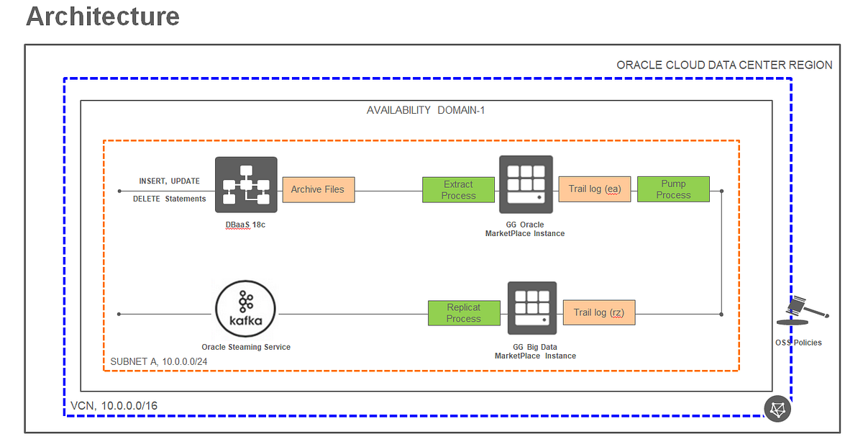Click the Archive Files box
point(318,190)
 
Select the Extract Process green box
point(458,190)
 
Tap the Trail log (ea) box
point(594,189)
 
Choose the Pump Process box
point(673,189)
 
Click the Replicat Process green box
point(463,312)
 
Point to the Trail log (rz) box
point(599,312)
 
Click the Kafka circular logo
point(246,313)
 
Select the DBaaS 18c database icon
point(246,185)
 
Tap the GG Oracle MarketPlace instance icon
point(526,185)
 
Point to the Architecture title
point(103,17)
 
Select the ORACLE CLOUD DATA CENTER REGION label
point(724,66)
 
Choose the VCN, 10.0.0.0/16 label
point(114,406)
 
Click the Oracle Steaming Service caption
point(246,347)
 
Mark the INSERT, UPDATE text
point(169,181)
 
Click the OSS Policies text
point(798,343)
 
